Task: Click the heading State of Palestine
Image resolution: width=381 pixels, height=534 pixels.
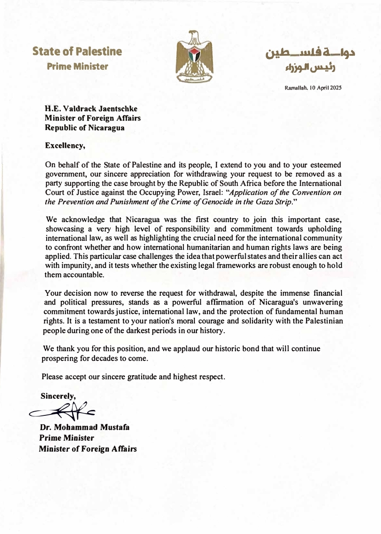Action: (78, 52)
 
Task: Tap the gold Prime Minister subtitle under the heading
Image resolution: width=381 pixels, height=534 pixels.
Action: (78, 66)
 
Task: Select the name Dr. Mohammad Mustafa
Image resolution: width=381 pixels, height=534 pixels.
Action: (85, 427)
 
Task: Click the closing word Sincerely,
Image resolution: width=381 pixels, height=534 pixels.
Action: (58, 396)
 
